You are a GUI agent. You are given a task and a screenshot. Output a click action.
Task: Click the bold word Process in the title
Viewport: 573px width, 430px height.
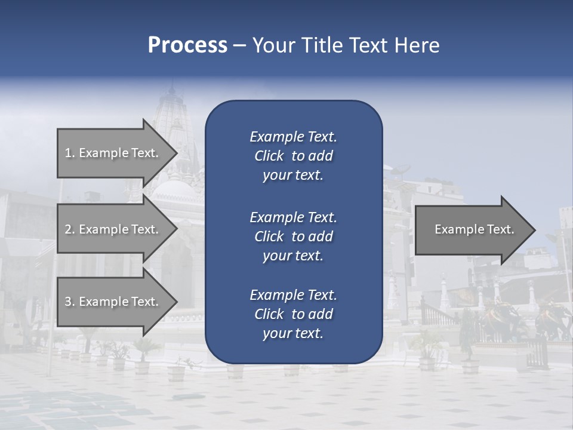point(187,45)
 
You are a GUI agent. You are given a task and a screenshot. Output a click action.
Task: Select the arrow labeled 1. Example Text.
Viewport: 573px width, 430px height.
point(112,153)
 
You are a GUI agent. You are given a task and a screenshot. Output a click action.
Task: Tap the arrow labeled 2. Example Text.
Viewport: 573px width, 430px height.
point(112,229)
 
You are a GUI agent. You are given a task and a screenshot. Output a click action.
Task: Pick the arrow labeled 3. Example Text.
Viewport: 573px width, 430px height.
point(112,302)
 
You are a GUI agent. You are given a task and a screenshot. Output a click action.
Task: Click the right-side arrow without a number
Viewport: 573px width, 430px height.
point(475,229)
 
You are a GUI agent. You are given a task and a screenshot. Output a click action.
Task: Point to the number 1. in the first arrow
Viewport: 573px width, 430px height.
point(69,153)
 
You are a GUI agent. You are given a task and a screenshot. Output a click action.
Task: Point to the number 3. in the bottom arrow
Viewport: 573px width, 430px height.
point(69,302)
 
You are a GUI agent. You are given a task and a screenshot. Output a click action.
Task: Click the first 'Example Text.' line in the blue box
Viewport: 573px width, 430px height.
point(293,137)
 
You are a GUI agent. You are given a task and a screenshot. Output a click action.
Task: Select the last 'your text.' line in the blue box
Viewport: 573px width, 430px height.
point(293,334)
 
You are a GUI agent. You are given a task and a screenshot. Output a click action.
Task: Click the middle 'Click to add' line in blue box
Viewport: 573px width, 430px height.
point(293,236)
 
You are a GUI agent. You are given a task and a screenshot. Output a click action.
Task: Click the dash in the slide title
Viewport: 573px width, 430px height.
point(239,45)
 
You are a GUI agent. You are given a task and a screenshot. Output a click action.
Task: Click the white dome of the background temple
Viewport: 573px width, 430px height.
point(173,191)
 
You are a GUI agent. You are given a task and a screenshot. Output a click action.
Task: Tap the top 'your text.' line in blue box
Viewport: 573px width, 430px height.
point(293,176)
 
